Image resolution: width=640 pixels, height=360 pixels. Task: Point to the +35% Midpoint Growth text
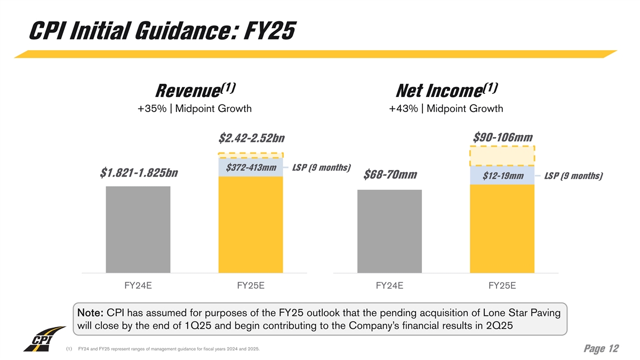(x=194, y=109)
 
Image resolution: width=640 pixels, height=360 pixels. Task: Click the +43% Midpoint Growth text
(x=446, y=109)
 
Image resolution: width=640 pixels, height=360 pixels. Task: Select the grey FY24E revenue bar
(x=138, y=229)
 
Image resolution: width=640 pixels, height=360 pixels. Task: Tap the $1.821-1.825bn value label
(x=139, y=173)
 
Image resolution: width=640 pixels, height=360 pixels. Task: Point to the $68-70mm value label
(x=390, y=175)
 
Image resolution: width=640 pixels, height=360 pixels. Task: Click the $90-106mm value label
(x=503, y=137)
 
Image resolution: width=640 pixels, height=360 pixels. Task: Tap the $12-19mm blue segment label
(x=502, y=176)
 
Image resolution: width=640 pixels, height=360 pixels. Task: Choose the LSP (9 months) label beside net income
(x=574, y=176)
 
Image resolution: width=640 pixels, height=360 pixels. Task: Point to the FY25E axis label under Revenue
(x=251, y=286)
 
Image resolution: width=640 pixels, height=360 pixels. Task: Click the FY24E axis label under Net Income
(x=389, y=286)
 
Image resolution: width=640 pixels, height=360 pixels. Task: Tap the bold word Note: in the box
(x=91, y=312)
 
